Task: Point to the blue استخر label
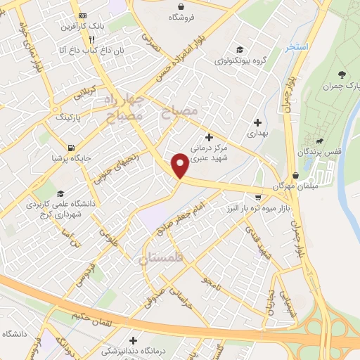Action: pyautogui.click(x=297, y=48)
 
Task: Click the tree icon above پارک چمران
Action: pyautogui.click(x=342, y=75)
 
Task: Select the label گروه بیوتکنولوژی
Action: pyautogui.click(x=239, y=61)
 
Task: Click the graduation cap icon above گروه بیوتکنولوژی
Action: pyautogui.click(x=240, y=50)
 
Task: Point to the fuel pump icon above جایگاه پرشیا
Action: pyautogui.click(x=71, y=148)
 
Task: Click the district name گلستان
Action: pyautogui.click(x=161, y=259)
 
